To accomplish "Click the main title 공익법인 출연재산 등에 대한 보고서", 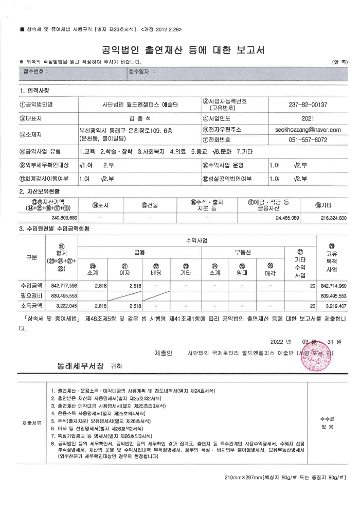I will click(180, 50).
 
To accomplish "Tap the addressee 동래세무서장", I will click(80, 366).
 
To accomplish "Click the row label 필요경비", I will click(32, 295).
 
